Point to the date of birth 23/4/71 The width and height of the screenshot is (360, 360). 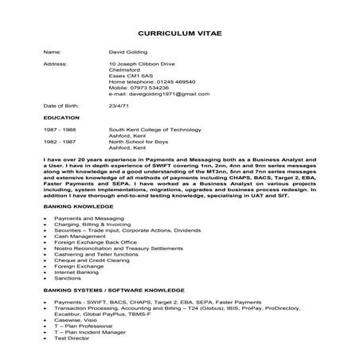(120, 106)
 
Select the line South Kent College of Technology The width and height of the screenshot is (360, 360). (153, 129)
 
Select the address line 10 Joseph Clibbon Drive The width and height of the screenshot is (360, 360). (141, 62)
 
